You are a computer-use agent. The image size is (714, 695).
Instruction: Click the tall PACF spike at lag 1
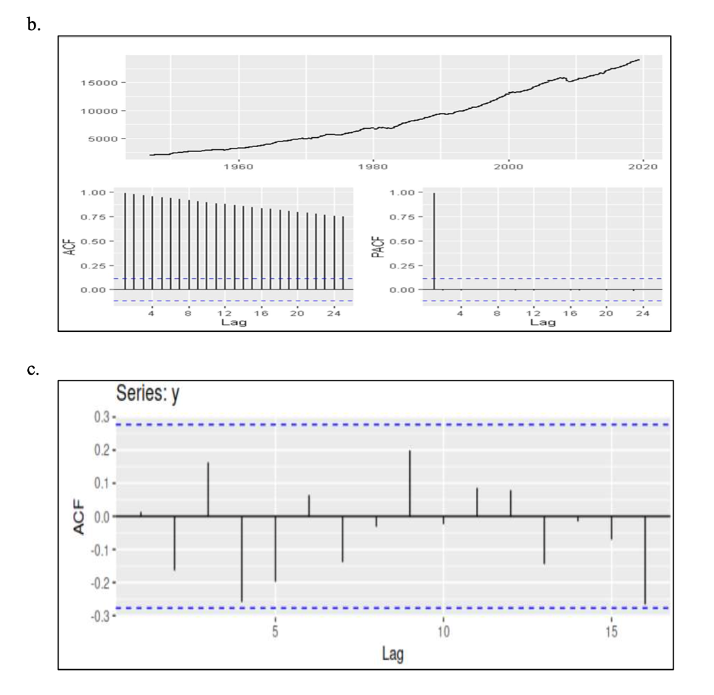click(x=434, y=240)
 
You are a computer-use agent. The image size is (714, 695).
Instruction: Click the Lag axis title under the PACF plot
click(x=542, y=322)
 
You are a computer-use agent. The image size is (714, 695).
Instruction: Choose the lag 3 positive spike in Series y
click(x=208, y=489)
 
